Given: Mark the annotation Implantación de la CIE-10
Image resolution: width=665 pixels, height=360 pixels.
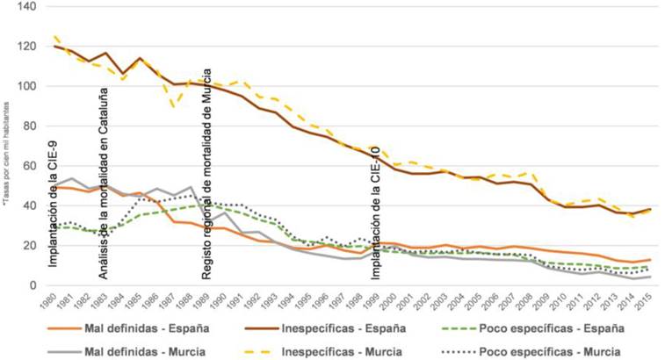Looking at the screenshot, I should coord(376,212).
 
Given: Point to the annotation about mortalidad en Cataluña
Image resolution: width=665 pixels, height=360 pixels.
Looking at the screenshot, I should coord(103,198).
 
